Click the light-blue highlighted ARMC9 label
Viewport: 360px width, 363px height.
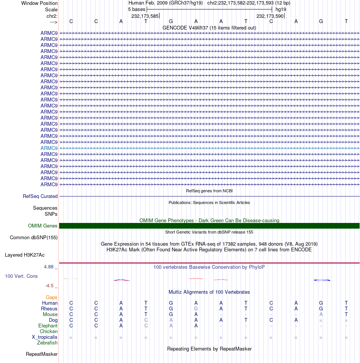pos(49,148)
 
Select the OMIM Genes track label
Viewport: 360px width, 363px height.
pos(43,226)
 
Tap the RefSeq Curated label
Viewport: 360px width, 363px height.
pos(40,196)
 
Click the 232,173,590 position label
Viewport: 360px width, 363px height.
pos(270,16)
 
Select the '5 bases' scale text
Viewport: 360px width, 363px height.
pos(136,9)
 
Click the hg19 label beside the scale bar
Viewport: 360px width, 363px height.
pos(281,9)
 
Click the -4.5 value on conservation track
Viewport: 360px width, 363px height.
pos(50,286)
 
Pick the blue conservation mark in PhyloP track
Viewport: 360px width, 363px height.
pos(322,280)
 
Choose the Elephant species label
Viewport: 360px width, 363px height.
pos(48,326)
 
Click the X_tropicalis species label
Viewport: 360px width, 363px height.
pos(45,337)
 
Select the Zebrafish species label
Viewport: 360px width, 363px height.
pos(47,343)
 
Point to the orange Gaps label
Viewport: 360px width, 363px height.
pos(52,297)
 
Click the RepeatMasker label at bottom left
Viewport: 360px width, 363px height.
pos(42,354)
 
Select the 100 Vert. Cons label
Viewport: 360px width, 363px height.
pos(21,276)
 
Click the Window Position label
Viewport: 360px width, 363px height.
pos(39,3)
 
